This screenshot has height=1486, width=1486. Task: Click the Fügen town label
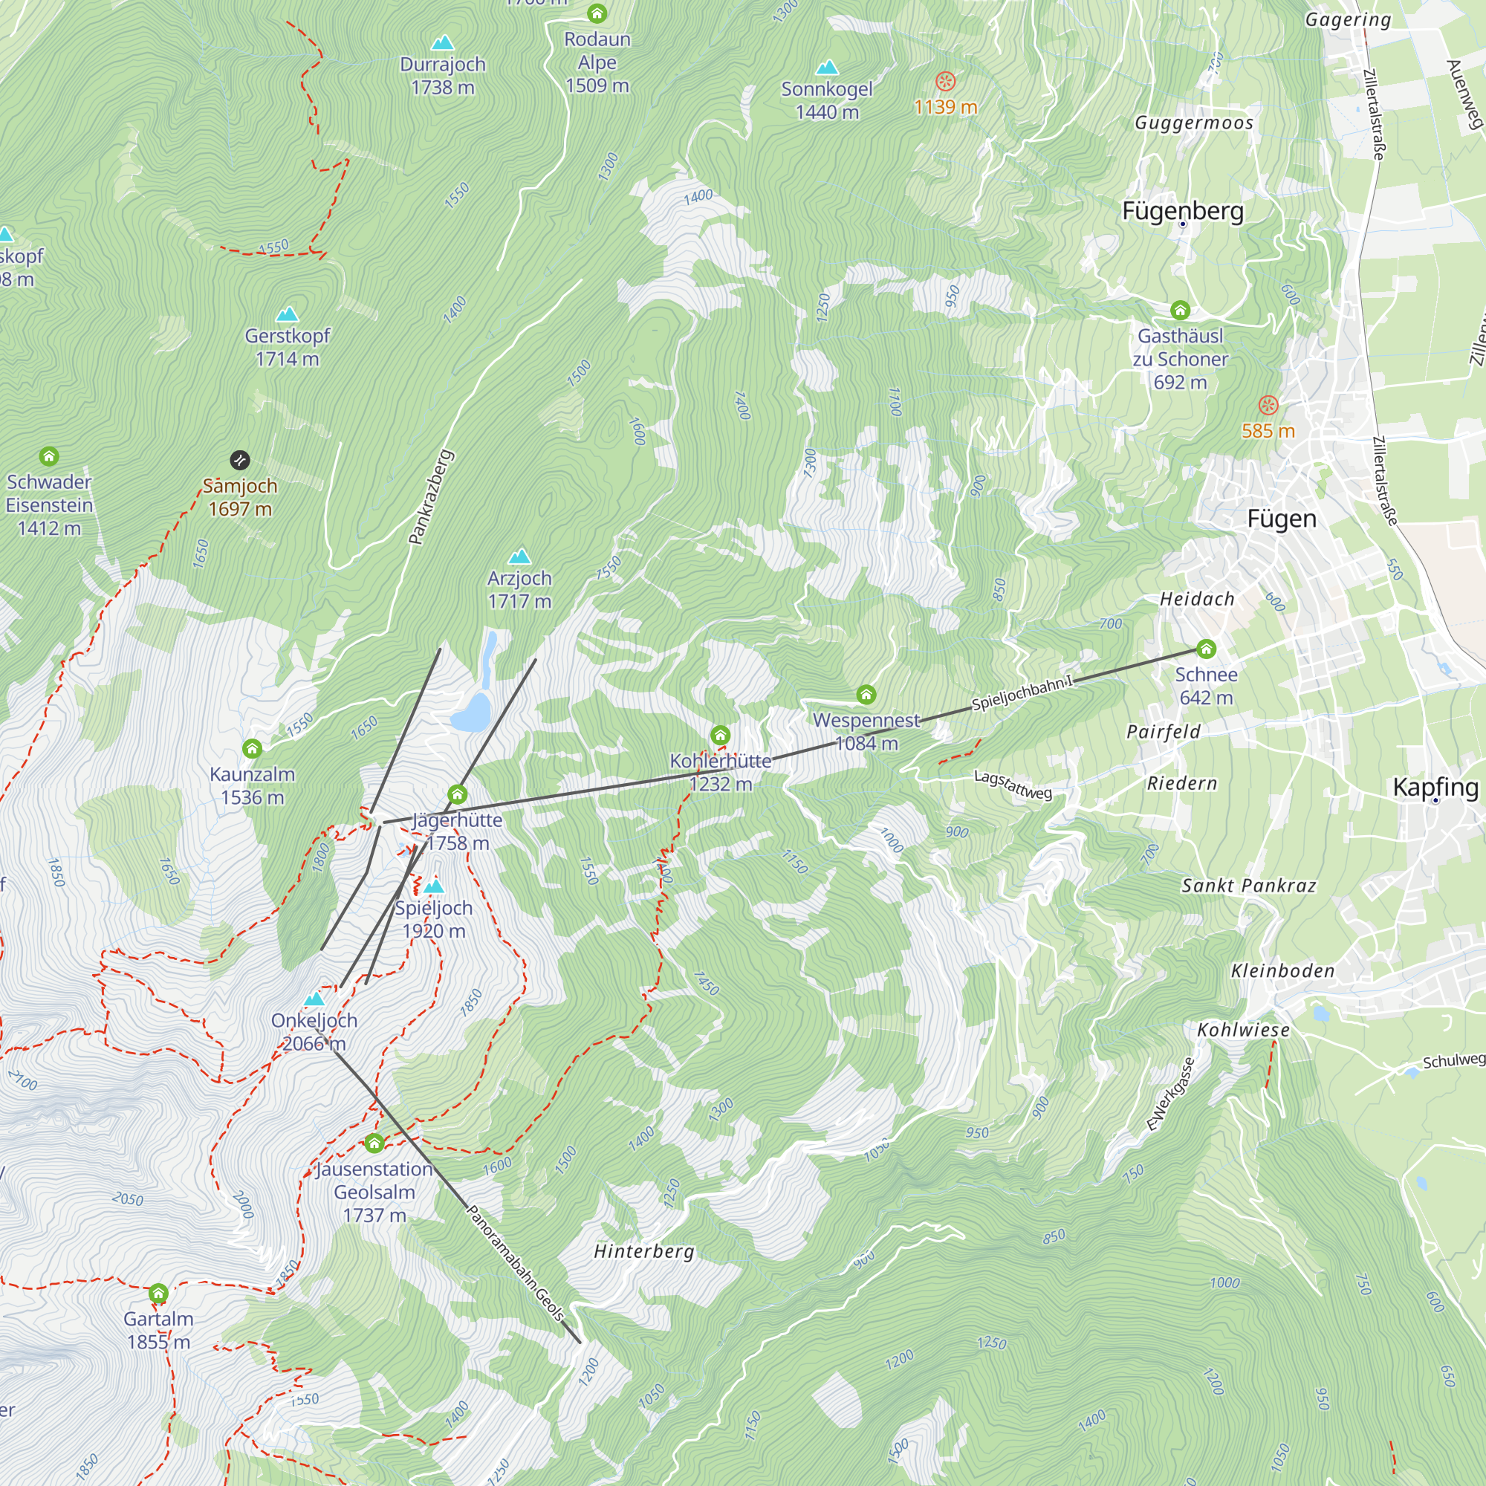tap(1282, 519)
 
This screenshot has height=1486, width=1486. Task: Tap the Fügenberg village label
tap(1182, 211)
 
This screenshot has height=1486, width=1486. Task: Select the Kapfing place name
tap(1435, 787)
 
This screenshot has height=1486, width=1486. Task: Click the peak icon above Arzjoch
tap(520, 555)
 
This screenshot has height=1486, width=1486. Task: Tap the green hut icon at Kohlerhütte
tap(720, 736)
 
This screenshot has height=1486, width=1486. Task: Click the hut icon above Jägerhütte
tap(458, 794)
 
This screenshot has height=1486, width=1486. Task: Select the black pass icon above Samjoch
tap(240, 460)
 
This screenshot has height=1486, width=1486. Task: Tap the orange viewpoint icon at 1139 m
tap(945, 81)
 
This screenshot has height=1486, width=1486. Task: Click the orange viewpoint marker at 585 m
tap(1268, 406)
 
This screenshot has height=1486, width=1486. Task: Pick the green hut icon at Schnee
tap(1206, 649)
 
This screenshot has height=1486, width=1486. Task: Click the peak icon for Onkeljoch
tap(314, 999)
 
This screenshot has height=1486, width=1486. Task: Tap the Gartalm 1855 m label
tap(158, 1330)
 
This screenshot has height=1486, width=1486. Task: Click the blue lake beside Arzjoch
tap(472, 712)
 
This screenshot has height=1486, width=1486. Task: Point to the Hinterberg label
tap(643, 1251)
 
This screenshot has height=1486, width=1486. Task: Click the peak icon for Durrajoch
tap(442, 43)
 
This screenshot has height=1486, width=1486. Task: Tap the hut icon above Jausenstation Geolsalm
tap(374, 1143)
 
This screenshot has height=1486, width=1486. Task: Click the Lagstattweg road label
tap(1012, 785)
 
